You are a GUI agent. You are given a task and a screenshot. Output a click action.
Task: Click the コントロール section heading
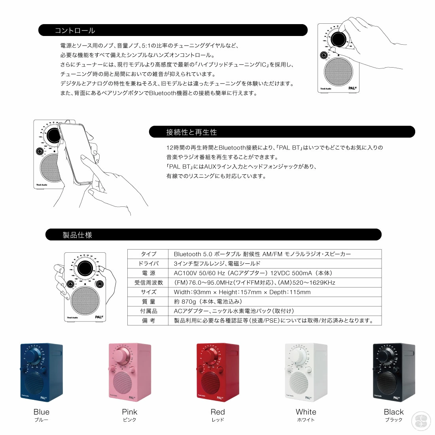click(75, 30)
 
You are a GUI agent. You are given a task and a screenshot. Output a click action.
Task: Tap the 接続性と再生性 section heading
click(191, 132)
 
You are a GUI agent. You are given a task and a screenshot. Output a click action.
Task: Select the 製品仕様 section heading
click(78, 235)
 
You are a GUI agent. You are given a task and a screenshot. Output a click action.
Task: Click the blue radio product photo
click(41, 372)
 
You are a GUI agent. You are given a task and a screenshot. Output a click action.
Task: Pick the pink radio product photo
click(129, 372)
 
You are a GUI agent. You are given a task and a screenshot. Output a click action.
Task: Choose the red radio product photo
click(217, 372)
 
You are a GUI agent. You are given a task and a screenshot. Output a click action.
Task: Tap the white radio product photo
click(306, 372)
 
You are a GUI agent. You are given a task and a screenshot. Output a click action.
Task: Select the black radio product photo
click(394, 372)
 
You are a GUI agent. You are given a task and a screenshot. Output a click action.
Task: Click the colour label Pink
click(130, 412)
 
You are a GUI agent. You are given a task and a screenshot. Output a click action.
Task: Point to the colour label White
click(306, 412)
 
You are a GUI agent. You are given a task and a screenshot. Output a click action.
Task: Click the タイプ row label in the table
click(149, 254)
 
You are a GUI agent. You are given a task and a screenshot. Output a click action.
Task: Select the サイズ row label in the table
click(149, 292)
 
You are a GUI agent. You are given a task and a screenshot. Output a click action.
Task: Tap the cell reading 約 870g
click(208, 302)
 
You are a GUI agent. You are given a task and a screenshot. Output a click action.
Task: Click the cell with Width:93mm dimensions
click(242, 292)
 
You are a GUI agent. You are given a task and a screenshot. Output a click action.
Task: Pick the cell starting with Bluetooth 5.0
click(262, 254)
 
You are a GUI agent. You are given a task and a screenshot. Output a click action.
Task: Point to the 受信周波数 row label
click(149, 283)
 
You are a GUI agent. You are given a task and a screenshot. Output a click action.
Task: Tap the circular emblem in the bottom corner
click(421, 421)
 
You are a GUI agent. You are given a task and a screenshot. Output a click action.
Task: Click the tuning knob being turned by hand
click(339, 40)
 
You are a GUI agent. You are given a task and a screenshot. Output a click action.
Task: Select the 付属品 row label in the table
click(149, 311)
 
